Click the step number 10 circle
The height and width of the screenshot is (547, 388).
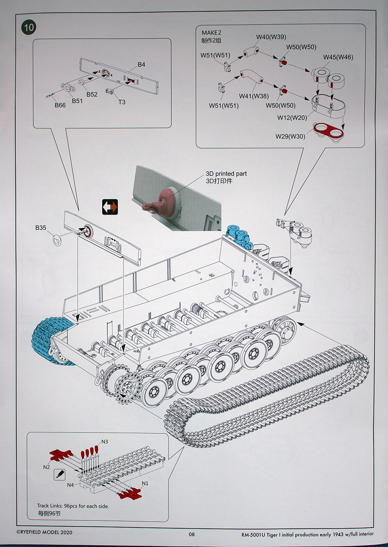coord(29,27)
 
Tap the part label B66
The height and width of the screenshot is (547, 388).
coord(60,105)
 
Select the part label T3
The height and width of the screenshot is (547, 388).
coord(122,102)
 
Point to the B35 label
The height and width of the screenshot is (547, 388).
coord(41,228)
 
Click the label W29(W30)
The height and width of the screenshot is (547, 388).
coord(290,136)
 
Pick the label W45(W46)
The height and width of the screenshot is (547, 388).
coord(338,57)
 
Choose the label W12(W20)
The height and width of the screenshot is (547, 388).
coord(292,118)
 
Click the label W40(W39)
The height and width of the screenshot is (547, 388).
coord(271,37)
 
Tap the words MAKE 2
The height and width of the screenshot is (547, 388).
coord(211,33)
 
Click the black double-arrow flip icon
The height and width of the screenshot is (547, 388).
coord(110,207)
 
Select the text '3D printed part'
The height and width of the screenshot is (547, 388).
coord(226,173)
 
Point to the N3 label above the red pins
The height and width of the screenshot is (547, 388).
coord(105,442)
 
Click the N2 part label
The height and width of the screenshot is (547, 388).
coord(46,467)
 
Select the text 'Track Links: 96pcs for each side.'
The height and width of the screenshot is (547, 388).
coord(73,506)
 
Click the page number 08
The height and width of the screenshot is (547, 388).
coord(191,534)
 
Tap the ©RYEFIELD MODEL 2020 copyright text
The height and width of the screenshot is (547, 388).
coord(44,532)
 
